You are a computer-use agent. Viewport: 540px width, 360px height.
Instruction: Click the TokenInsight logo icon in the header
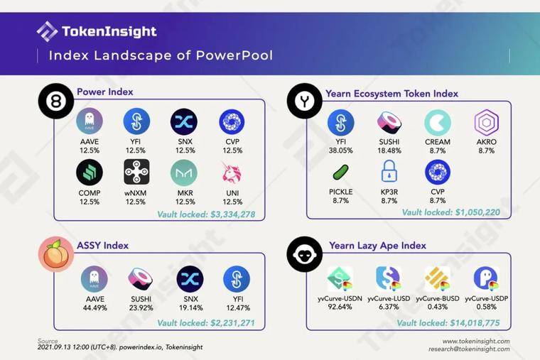click(47, 32)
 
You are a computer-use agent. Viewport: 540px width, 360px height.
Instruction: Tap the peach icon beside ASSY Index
click(56, 254)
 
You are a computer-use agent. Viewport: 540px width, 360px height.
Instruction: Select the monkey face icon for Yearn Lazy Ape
click(304, 254)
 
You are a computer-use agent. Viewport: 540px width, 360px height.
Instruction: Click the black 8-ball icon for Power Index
click(56, 101)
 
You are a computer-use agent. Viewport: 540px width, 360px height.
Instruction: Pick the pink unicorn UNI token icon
click(232, 173)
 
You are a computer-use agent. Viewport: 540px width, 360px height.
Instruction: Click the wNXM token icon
click(136, 172)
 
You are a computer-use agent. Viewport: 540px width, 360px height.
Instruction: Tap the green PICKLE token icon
click(340, 172)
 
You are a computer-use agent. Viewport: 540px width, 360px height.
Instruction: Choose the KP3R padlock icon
click(389, 171)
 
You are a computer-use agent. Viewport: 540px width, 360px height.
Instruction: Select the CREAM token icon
click(438, 122)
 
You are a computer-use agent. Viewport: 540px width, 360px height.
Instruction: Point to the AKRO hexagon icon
click(486, 122)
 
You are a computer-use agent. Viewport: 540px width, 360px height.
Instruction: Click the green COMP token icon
click(90, 173)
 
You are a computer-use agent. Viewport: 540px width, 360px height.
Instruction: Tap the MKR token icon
click(184, 173)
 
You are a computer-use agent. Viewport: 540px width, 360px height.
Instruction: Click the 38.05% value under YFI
click(340, 151)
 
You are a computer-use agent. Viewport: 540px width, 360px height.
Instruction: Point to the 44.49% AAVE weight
click(95, 307)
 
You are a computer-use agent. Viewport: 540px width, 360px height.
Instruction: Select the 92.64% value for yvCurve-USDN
click(340, 307)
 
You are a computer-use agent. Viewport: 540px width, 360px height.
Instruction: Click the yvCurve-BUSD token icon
click(438, 278)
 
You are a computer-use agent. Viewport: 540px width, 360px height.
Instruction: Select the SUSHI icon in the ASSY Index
click(141, 278)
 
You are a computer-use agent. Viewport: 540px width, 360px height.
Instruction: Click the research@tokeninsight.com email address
click(469, 349)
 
